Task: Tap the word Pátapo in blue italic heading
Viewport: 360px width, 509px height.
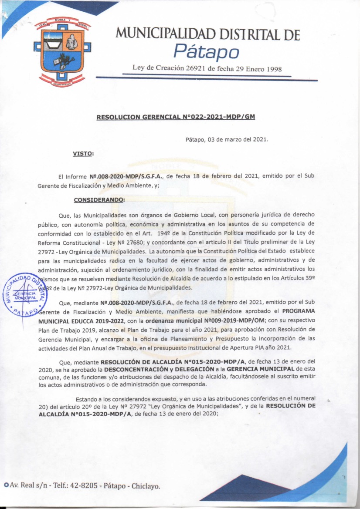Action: [206, 52]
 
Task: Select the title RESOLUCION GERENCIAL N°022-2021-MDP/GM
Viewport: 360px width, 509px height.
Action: [175, 117]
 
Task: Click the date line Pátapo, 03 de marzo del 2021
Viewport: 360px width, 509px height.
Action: [227, 140]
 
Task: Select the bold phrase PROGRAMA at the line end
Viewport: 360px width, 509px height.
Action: [298, 311]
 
